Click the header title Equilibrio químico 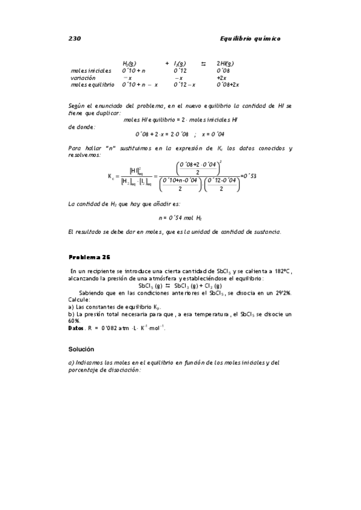pos(251,38)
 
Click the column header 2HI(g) pos(225,63)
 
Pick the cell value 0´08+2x pos(228,85)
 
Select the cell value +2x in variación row pos(221,78)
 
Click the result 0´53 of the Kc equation pos(248,176)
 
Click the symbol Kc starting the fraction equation pos(111,177)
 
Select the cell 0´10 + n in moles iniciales pos(134,70)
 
